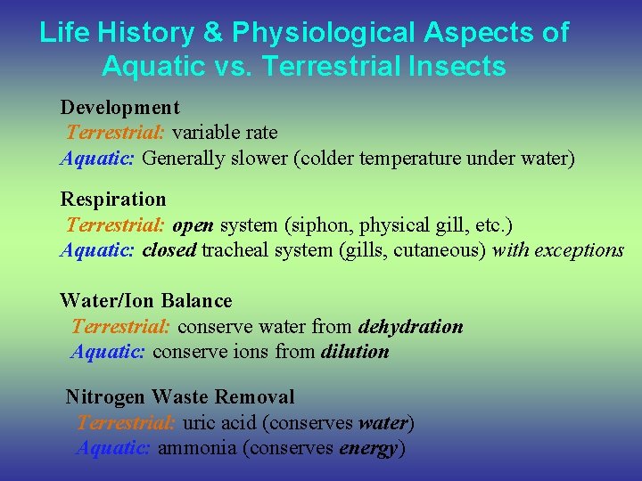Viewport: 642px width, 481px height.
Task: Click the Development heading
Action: click(119, 108)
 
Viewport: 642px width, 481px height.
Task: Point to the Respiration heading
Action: click(112, 199)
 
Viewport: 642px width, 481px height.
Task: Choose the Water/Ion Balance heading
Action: click(145, 301)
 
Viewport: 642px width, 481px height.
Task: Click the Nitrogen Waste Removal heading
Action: click(179, 396)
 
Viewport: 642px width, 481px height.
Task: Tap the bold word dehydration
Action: click(410, 327)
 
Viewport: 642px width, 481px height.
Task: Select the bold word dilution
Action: click(355, 352)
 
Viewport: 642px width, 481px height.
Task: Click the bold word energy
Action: click(368, 448)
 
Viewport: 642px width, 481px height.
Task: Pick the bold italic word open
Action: click(193, 224)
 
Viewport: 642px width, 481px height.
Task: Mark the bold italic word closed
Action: click(169, 250)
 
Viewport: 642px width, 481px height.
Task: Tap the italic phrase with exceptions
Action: click(558, 250)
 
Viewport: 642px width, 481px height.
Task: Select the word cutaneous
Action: click(440, 250)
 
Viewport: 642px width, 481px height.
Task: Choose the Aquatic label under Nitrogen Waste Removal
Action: click(113, 448)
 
